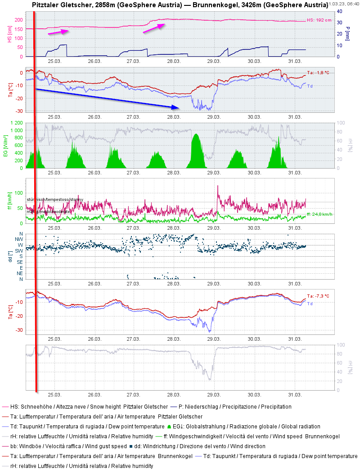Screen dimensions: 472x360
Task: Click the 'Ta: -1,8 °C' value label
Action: [x=318, y=72]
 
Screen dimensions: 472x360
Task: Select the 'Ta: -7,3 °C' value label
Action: [x=318, y=296]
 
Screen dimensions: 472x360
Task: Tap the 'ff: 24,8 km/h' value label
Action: [x=319, y=214]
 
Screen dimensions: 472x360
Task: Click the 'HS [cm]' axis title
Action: [x=10, y=34]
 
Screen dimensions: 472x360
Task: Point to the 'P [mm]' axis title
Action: [x=347, y=34]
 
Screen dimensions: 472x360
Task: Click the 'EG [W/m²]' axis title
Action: [x=6, y=145]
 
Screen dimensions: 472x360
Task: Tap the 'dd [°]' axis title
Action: [x=10, y=256]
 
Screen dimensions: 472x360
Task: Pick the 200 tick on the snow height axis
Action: [x=18, y=20]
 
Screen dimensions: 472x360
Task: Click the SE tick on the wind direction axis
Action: [x=20, y=262]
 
